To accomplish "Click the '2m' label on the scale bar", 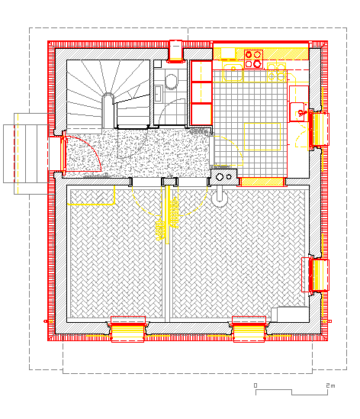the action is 330,385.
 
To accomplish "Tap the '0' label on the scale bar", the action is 256,385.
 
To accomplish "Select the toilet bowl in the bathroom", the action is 171,81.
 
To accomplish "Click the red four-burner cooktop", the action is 253,59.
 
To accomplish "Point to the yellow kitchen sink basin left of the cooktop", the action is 233,73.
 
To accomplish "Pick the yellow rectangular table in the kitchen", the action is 262,137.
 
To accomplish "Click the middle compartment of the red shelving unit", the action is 201,92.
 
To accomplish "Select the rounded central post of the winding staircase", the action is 108,110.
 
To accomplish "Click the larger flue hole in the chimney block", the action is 220,176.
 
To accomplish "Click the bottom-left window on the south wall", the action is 127,329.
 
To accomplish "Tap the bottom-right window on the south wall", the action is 249,329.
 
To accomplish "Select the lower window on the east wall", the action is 316,275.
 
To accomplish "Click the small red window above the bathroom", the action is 175,51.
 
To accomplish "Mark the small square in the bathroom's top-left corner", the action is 158,63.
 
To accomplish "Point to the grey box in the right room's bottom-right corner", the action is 291,314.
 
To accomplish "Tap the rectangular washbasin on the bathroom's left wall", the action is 159,93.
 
